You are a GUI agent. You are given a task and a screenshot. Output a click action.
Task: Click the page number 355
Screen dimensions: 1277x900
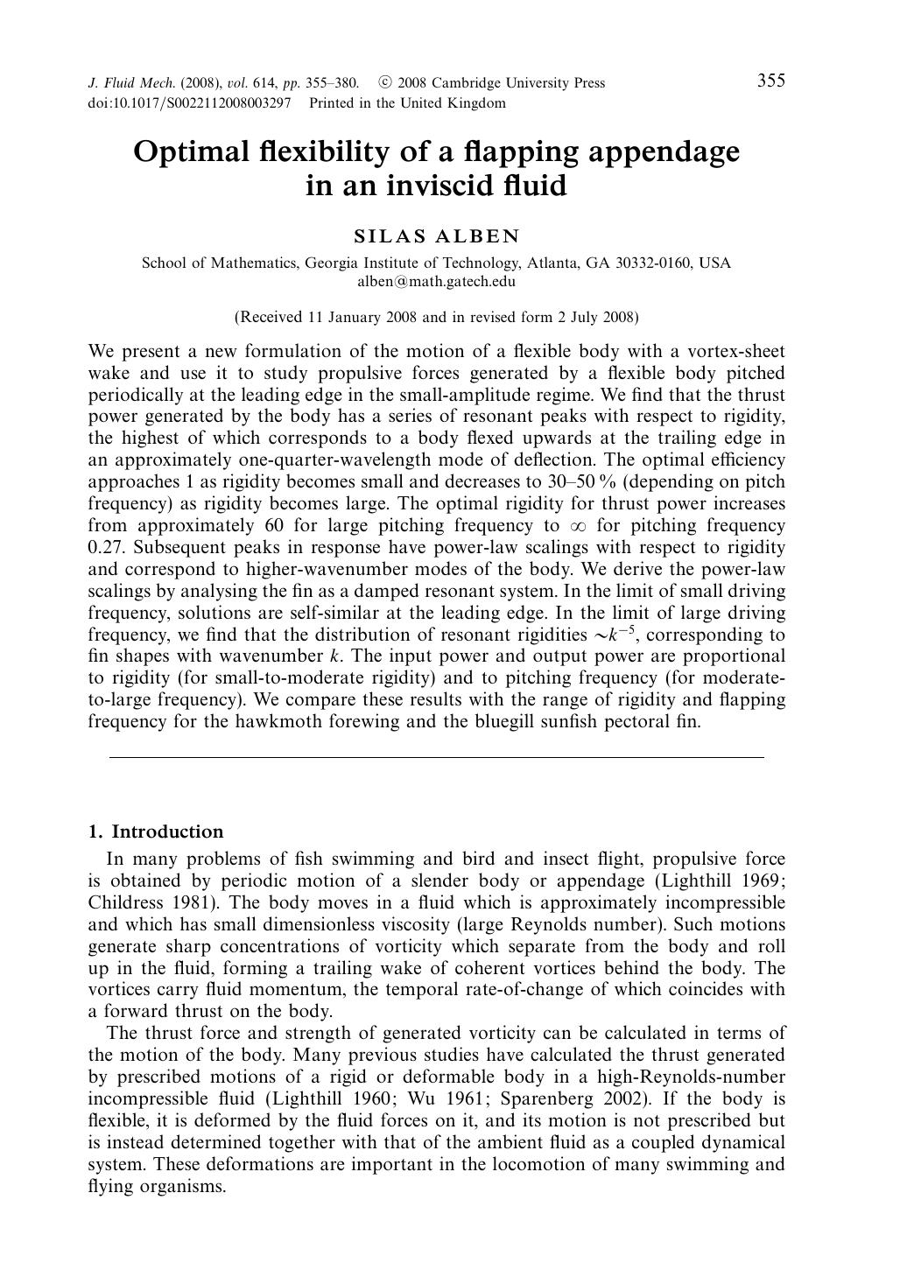(x=770, y=81)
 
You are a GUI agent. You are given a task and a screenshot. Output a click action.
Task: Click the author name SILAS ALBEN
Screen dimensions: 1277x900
(x=436, y=236)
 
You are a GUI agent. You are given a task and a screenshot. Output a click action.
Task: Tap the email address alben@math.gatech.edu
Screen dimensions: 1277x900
(x=436, y=282)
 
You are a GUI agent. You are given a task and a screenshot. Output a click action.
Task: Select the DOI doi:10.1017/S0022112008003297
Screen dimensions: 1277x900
(x=189, y=103)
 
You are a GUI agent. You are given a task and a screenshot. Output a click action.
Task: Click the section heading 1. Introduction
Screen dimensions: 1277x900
(x=156, y=831)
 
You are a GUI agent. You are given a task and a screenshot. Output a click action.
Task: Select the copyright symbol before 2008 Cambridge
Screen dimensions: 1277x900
(x=384, y=83)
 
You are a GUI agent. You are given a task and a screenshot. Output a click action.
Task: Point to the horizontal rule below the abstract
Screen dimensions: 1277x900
(x=436, y=756)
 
